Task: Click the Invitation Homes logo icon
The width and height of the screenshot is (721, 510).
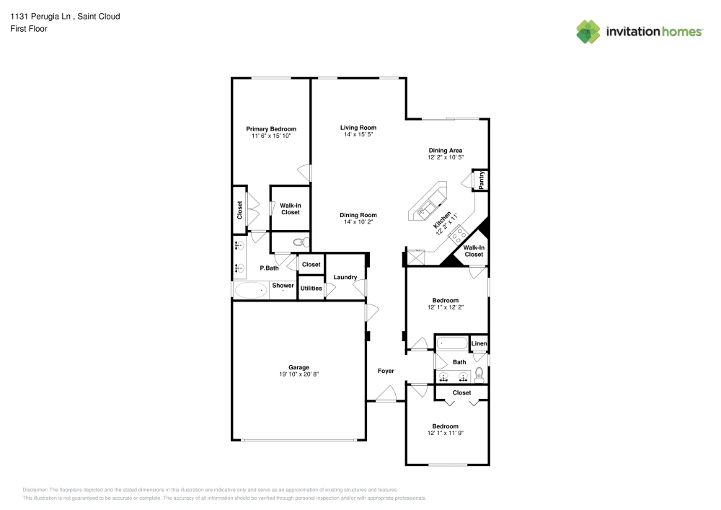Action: pyautogui.click(x=588, y=31)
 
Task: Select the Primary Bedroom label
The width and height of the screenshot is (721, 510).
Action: pyautogui.click(x=271, y=129)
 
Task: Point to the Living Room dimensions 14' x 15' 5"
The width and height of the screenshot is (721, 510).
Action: pyautogui.click(x=358, y=135)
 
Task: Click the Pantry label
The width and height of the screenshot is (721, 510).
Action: pyautogui.click(x=481, y=180)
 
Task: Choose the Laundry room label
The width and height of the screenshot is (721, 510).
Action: pyautogui.click(x=345, y=277)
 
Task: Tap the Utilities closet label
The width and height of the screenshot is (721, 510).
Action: pyautogui.click(x=311, y=288)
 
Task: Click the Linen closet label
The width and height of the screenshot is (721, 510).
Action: pyautogui.click(x=479, y=344)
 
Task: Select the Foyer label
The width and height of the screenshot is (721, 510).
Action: pyautogui.click(x=386, y=371)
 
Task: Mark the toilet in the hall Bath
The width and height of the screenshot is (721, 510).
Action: pyautogui.click(x=479, y=374)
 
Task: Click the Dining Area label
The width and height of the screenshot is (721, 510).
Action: pyautogui.click(x=445, y=150)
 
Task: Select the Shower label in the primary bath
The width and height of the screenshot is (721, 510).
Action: pyautogui.click(x=283, y=286)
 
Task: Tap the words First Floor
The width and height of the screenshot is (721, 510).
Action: pyautogui.click(x=29, y=29)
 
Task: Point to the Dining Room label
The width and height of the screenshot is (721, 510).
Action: pyautogui.click(x=358, y=215)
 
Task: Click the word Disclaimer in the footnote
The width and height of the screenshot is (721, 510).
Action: pyautogui.click(x=35, y=489)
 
